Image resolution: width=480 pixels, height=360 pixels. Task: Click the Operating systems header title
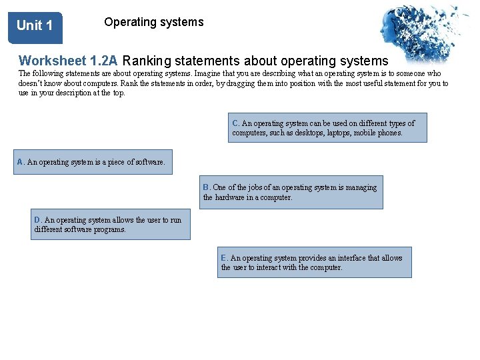coord(153,22)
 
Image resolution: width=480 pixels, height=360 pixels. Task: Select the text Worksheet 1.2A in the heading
coord(68,61)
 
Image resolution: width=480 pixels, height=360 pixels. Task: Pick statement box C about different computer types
coord(327,128)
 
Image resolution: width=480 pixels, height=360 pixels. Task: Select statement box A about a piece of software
coord(93,162)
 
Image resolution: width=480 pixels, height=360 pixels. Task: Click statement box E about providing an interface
coord(314,263)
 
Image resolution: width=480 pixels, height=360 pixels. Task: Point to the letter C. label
coord(236,123)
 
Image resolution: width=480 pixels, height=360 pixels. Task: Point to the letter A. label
coord(21,162)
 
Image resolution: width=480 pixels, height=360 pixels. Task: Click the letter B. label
coord(207,187)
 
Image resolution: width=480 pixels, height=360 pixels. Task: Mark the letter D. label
coord(38,220)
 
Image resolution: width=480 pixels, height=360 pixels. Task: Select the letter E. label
coord(225,258)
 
